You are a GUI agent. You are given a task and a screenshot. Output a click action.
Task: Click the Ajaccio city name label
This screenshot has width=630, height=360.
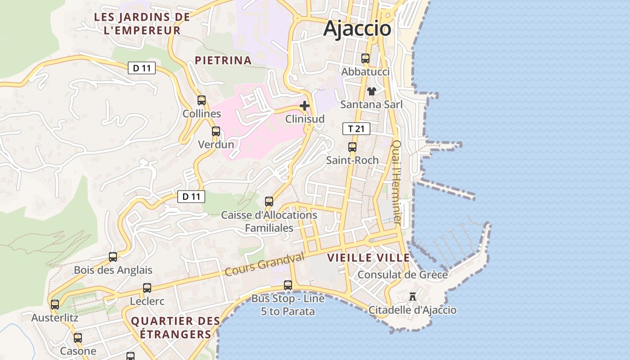click(357, 28)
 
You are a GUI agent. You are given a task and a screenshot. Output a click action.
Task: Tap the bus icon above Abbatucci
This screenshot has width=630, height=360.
click(365, 58)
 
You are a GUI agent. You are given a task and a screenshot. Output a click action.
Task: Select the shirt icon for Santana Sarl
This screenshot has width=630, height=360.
click(371, 91)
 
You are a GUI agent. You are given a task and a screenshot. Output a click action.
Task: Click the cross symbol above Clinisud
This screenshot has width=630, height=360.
click(305, 106)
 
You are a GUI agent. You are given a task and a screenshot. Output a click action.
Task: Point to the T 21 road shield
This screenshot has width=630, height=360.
click(356, 129)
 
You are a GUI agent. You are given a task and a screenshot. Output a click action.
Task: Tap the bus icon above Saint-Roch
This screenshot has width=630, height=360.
click(352, 147)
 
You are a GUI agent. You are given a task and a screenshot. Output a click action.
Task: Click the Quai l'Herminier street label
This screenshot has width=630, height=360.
click(397, 182)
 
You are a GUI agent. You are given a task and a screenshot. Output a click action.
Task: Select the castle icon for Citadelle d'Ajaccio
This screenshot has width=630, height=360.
click(413, 297)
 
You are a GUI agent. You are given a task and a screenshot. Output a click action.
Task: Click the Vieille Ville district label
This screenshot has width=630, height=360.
click(369, 258)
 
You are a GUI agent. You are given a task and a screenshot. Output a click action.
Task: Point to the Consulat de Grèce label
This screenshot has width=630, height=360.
click(402, 274)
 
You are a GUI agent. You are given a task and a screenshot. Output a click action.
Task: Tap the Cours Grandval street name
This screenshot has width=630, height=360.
click(265, 264)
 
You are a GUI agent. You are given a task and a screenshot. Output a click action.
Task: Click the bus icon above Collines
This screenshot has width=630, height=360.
click(202, 100)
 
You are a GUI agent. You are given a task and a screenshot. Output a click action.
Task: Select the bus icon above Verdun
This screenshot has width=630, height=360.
click(216, 131)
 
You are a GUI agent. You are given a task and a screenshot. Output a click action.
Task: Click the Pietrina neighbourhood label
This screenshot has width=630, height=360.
click(223, 60)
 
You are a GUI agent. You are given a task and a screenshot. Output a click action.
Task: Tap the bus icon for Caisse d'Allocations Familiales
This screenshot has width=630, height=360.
click(269, 202)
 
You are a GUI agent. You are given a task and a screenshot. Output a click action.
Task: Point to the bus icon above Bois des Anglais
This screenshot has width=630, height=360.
click(113, 257)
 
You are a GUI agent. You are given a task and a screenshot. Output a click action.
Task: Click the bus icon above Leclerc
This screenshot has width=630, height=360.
click(147, 288)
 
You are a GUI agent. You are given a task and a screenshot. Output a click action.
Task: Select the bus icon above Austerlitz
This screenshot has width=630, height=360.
click(55, 305)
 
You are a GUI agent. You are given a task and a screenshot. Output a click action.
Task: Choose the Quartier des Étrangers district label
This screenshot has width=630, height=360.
click(175, 328)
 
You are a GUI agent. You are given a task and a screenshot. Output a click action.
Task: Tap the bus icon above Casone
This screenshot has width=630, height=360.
click(78, 338)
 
